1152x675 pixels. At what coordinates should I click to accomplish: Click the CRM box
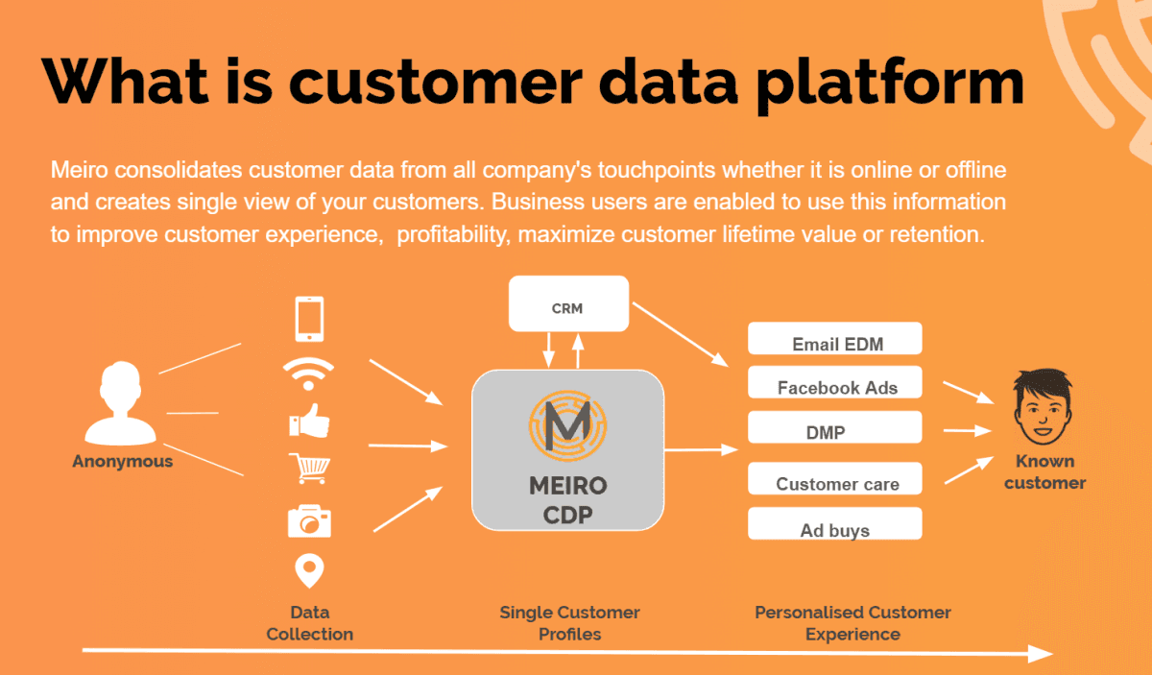567,308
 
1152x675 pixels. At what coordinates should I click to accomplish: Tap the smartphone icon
309,319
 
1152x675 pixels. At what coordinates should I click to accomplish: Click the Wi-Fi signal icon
309,374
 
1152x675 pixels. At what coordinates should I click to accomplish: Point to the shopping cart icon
309,470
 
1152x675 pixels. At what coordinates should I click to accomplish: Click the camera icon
309,520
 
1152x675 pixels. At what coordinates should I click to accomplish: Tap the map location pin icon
309,570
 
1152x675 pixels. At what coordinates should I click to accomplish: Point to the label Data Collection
309,623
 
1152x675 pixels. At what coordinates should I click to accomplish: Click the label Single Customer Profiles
569,623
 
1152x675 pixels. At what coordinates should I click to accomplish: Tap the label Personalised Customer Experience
852,623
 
